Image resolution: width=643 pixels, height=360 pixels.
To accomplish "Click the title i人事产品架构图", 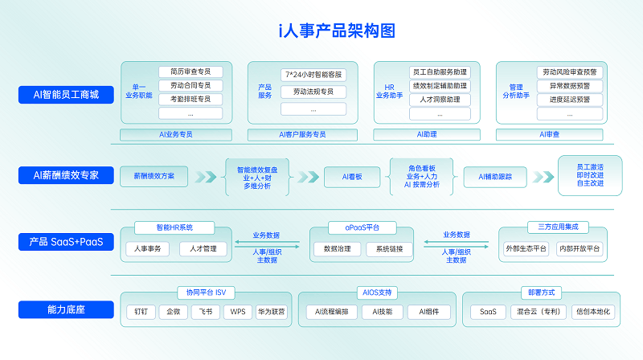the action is click(x=337, y=31).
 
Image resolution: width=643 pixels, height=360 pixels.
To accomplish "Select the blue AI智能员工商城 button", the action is click(x=66, y=95).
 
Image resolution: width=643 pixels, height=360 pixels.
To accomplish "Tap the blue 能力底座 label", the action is click(x=66, y=309).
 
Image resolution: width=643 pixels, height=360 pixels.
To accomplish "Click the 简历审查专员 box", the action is click(x=190, y=72).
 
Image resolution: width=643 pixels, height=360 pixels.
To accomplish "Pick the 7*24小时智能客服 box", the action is click(x=313, y=75).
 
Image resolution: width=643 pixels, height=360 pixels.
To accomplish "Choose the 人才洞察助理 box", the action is click(x=440, y=100).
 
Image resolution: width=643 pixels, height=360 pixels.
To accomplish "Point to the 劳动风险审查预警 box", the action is click(x=570, y=72).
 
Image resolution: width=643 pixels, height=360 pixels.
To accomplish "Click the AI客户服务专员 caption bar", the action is click(x=302, y=134).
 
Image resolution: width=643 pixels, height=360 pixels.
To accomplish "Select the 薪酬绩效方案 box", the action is click(x=154, y=176).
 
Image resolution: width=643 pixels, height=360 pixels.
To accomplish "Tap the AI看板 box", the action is click(x=352, y=177).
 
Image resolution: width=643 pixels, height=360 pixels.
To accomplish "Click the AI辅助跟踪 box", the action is click(x=495, y=177).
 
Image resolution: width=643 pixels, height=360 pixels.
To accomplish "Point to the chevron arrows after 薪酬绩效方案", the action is click(x=206, y=177).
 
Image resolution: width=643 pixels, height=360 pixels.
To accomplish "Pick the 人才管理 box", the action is click(x=203, y=249).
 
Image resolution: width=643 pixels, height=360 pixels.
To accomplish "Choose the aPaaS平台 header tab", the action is click(x=362, y=227).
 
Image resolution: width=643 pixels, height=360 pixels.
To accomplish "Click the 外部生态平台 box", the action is click(x=526, y=248).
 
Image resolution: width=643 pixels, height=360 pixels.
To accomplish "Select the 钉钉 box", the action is click(x=141, y=312).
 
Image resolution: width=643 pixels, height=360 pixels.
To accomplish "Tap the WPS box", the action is click(x=238, y=312).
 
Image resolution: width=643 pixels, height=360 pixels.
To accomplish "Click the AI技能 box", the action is click(x=383, y=312).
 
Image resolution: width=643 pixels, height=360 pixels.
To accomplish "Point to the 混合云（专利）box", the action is click(x=539, y=312).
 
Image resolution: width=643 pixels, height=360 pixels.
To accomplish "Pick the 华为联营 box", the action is click(x=271, y=312).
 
